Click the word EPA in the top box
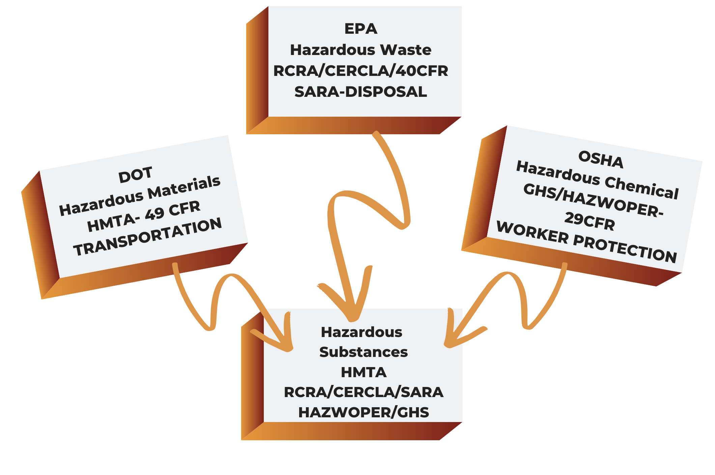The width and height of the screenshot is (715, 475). coord(361,29)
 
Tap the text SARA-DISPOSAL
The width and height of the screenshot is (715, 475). coord(361,92)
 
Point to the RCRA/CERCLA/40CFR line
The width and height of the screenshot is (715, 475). coord(361,71)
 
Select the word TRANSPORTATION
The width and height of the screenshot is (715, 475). coord(148,237)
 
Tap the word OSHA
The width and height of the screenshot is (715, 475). coord(601,159)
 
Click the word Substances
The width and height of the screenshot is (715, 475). coord(364,352)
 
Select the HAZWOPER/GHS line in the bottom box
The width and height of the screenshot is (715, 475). coord(364,412)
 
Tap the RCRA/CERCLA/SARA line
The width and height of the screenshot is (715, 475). coord(364,392)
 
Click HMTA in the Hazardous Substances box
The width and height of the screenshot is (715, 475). coord(364,372)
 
